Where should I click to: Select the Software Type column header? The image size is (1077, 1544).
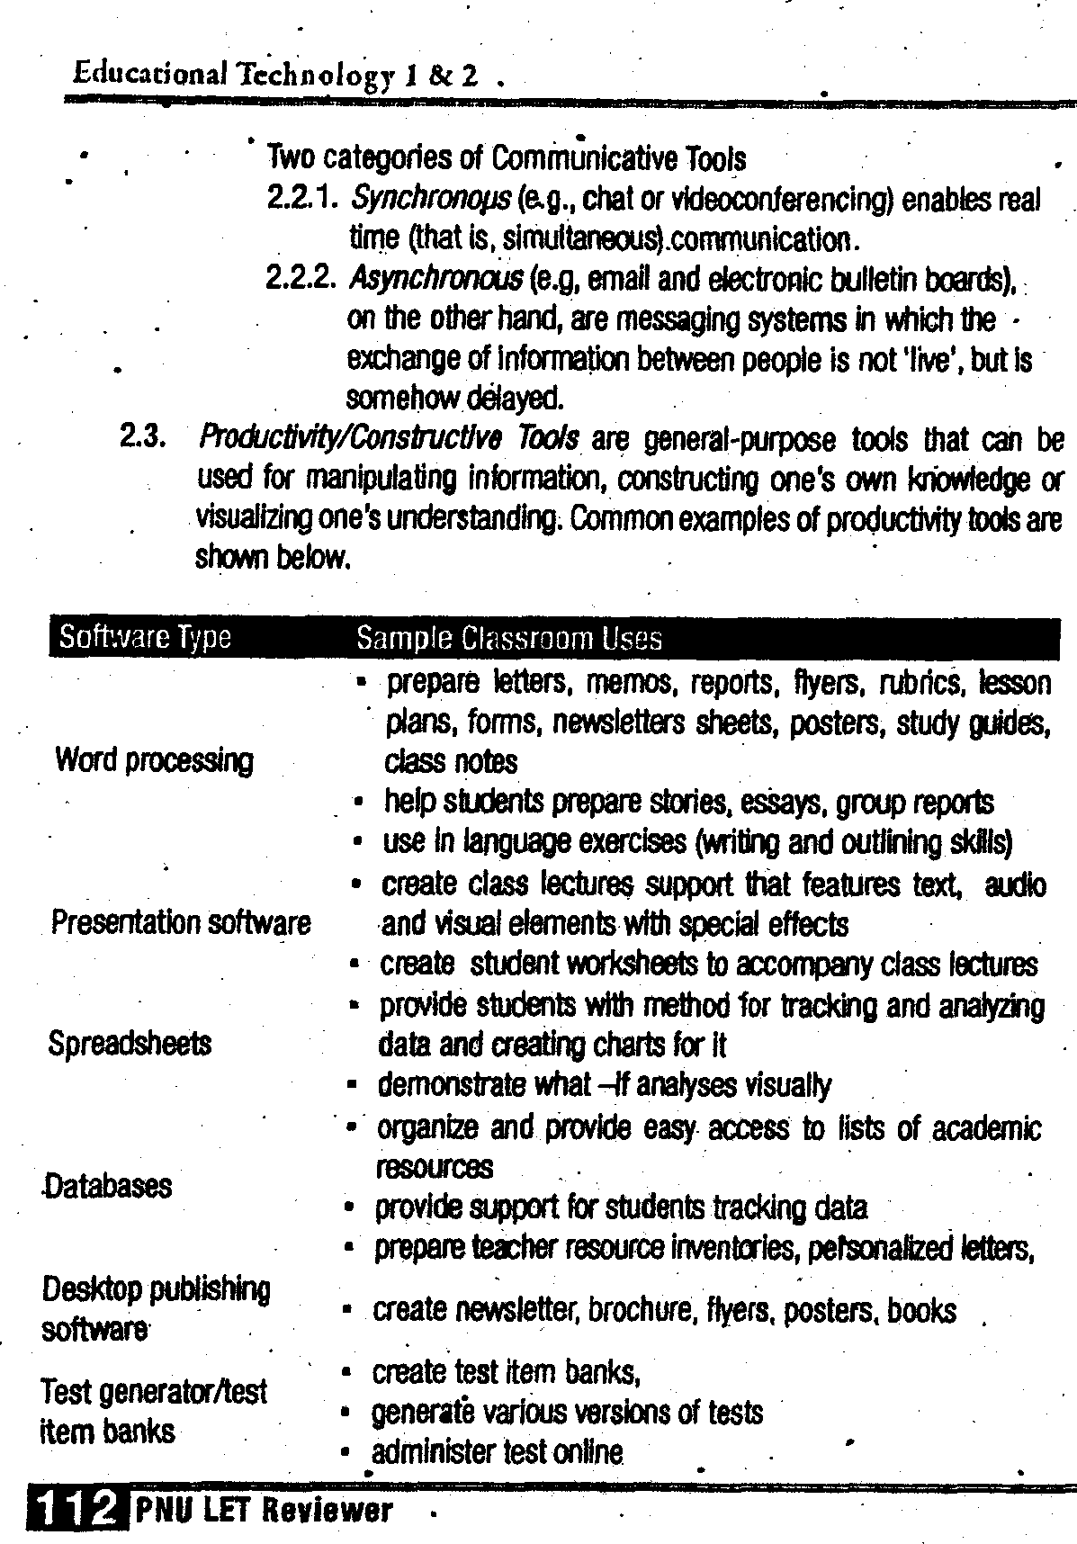(145, 637)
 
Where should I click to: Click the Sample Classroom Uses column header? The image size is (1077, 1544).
(508, 638)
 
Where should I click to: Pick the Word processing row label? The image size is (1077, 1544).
(154, 760)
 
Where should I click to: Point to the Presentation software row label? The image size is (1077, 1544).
(181, 922)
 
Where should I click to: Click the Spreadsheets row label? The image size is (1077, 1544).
(130, 1043)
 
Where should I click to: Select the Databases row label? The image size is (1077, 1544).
(107, 1185)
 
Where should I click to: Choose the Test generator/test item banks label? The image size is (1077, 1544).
(153, 1411)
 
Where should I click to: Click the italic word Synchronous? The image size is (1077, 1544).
(418, 198)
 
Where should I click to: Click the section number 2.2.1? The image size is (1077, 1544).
(301, 198)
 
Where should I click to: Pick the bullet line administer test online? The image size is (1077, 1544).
(497, 1451)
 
